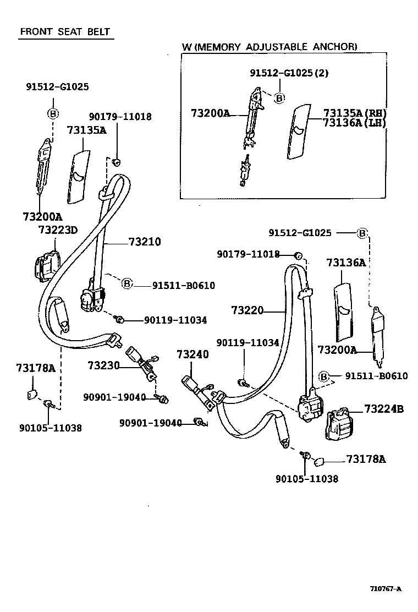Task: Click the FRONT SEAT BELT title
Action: tap(65, 31)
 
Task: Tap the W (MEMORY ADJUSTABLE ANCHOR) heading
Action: tap(269, 47)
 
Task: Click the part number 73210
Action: tap(145, 242)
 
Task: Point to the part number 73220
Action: tap(248, 311)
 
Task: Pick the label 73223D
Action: tap(58, 229)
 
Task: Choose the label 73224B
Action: tap(383, 409)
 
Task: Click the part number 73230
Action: tap(104, 365)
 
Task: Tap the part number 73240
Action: tap(193, 354)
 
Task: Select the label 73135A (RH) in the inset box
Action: tap(355, 113)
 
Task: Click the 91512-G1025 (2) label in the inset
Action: tap(289, 73)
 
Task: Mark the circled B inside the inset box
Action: tap(279, 98)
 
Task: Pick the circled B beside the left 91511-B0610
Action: tap(127, 284)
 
